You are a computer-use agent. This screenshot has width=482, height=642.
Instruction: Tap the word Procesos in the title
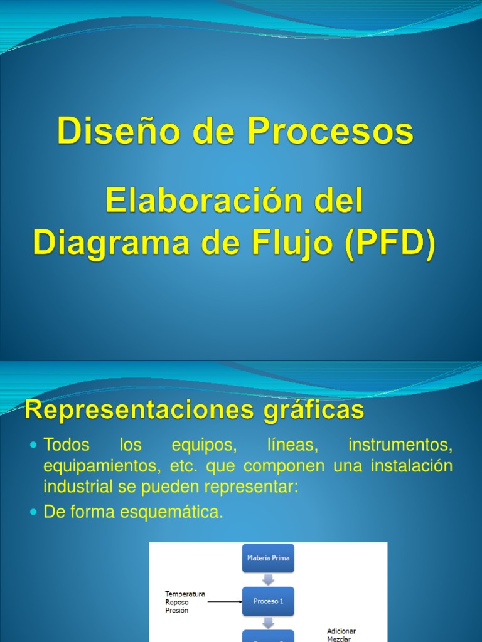pos(330,132)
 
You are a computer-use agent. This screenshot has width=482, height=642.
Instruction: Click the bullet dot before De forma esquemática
pos(35,513)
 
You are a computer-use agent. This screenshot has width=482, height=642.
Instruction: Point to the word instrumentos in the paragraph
pos(400,446)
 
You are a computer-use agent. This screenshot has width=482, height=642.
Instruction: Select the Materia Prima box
pos(268,558)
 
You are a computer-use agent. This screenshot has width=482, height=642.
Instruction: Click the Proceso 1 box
pos(268,601)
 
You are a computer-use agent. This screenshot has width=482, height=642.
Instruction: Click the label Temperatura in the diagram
pos(185,594)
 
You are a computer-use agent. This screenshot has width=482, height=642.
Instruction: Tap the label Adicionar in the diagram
pos(342,631)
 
